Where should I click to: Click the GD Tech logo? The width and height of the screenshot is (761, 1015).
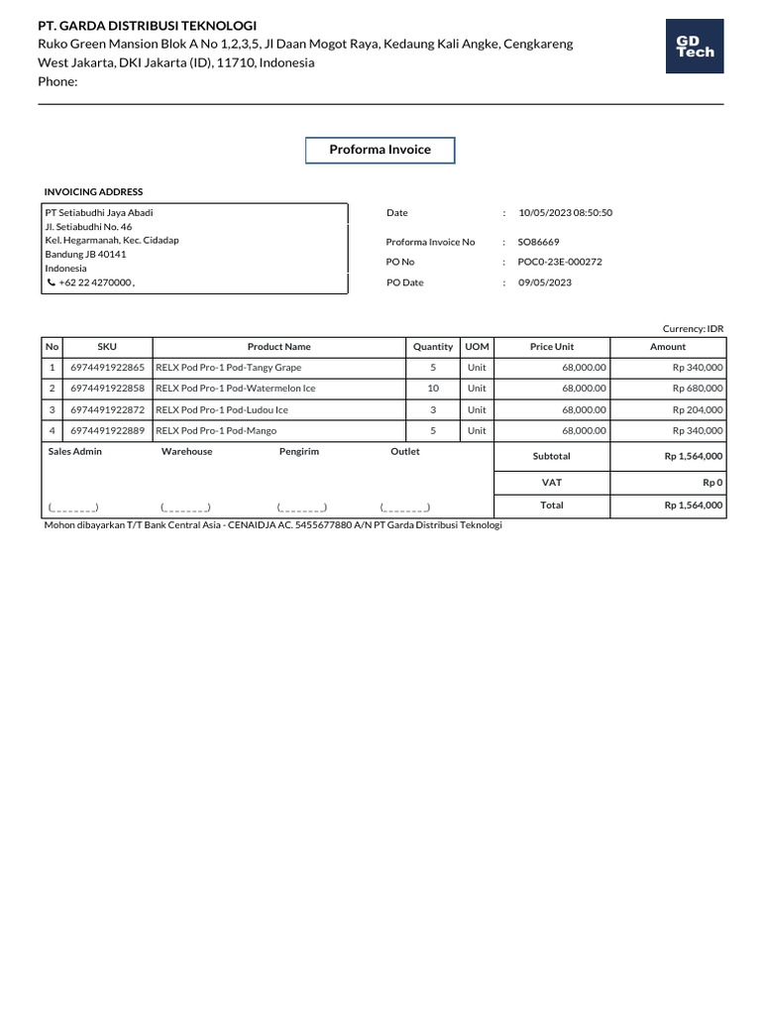click(x=695, y=47)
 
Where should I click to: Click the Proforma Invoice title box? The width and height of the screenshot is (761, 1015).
click(x=380, y=150)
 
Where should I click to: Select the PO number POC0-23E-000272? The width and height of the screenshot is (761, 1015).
click(x=560, y=263)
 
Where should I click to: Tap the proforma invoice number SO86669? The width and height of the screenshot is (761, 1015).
click(x=538, y=242)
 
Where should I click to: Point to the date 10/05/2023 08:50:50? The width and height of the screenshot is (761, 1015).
click(x=566, y=213)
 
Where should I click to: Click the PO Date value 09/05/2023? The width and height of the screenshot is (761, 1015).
click(x=545, y=282)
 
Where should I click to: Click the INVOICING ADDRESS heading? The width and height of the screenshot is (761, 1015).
click(x=93, y=192)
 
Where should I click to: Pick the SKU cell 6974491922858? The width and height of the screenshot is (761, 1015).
click(x=107, y=389)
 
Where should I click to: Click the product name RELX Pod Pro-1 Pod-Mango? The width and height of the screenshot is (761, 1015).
click(x=216, y=431)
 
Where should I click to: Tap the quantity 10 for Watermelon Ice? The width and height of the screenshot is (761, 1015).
click(x=433, y=389)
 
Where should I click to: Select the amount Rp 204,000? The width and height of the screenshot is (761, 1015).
click(x=697, y=409)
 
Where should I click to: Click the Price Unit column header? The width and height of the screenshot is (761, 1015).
click(x=552, y=347)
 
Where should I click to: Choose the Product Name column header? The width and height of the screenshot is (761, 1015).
click(x=278, y=347)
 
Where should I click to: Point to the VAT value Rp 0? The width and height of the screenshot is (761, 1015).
click(x=712, y=483)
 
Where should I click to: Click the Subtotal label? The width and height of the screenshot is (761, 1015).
click(x=552, y=456)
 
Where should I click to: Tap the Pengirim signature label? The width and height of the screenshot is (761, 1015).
click(x=299, y=452)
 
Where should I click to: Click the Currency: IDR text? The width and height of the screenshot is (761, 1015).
click(x=693, y=328)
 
